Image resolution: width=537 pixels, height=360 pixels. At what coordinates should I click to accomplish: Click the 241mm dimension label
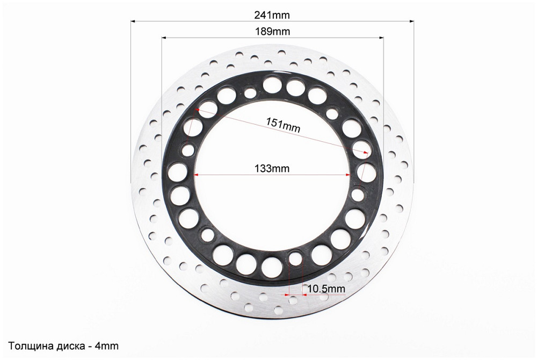272,15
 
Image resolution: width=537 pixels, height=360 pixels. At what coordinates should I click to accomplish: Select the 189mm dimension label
273,32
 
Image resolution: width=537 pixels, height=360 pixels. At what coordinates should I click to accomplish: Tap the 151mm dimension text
283,125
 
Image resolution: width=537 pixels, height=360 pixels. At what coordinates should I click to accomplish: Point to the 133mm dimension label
272,169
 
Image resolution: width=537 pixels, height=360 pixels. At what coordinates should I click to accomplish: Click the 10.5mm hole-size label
326,289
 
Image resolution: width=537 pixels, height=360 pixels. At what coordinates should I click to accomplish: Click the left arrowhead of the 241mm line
133,21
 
